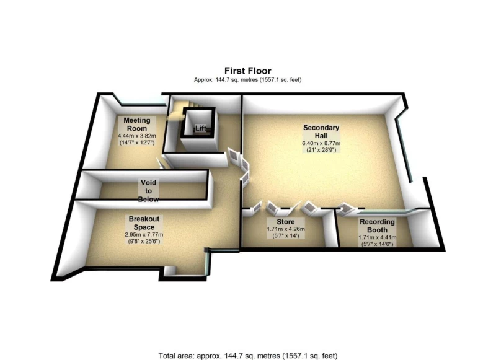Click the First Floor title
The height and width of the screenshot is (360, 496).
pos(247,71)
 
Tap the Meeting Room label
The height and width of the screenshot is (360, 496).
pos(137,124)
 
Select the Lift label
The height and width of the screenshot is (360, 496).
pos(200,128)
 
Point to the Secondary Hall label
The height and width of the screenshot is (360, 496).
pos(321,131)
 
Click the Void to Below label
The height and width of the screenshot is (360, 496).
pos(148,191)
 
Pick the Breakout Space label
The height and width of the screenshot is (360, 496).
pos(144,223)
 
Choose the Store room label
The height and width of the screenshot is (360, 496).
pos(286,222)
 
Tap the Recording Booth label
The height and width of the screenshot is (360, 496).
pos(377,226)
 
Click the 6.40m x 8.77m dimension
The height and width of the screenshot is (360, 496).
pos(321,143)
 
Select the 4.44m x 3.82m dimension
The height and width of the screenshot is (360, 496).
pos(137,136)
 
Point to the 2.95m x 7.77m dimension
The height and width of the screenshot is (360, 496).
pos(144,234)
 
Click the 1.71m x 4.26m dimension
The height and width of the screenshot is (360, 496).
pos(286,229)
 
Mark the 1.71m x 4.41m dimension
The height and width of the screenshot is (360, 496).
pos(378,237)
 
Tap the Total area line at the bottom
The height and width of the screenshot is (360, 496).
pos(248,356)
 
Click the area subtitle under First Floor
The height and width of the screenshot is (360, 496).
pos(247,80)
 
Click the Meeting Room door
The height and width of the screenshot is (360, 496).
pos(160,163)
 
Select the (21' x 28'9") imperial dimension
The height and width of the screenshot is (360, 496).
pos(321,150)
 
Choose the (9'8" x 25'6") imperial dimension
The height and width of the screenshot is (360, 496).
pos(144,242)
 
